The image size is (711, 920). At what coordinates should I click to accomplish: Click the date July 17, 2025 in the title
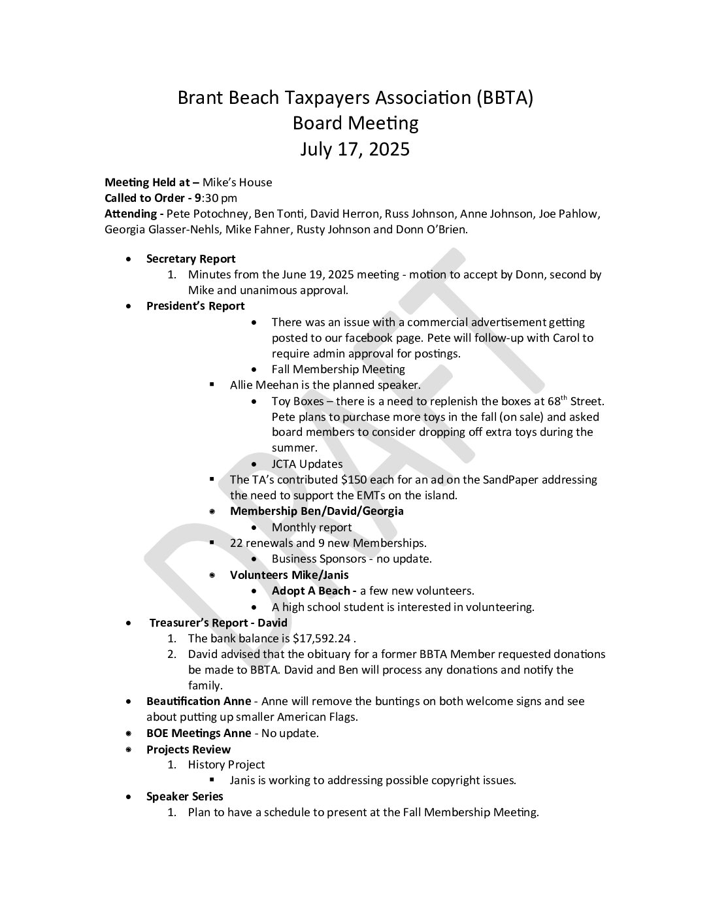355,150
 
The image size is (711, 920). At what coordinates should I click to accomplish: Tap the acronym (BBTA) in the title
504,98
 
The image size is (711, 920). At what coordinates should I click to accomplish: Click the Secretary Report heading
191,259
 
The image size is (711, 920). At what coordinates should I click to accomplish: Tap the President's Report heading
195,306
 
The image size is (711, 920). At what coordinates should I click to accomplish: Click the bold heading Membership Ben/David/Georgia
316,511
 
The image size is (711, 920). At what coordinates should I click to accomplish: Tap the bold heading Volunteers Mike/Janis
289,575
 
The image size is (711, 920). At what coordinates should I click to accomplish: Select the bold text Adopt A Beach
311,591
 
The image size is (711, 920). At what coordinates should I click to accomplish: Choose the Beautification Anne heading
198,701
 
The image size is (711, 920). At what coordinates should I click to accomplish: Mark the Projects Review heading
188,749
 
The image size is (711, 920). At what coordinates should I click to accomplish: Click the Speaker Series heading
184,797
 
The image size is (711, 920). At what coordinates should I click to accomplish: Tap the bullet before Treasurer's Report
133,623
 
